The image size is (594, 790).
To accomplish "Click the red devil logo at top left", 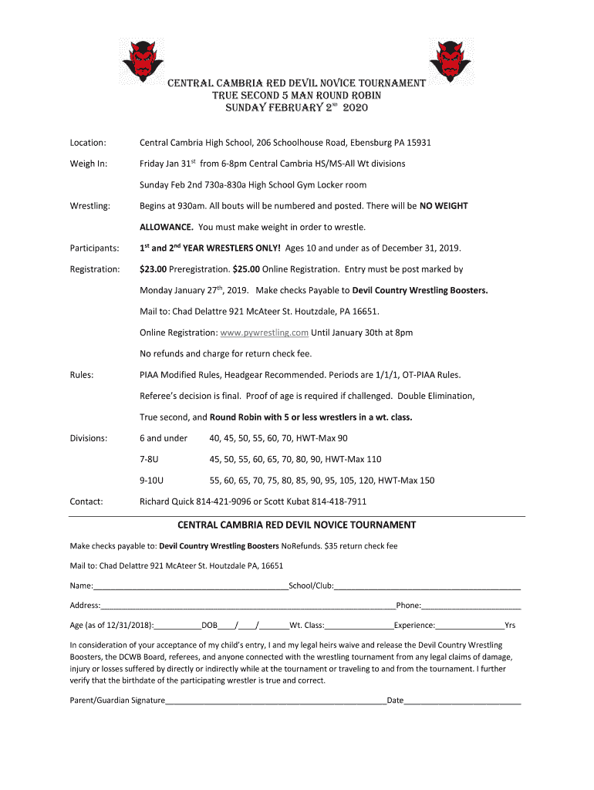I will point(143,61).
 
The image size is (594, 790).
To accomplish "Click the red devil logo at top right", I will point(451,61).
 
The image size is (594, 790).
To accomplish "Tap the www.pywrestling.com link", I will point(264,333).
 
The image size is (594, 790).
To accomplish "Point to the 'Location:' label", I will point(88,143).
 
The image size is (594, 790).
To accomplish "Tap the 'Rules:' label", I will point(82,375).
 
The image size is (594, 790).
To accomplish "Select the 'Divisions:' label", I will point(89,438).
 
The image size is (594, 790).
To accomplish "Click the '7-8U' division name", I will point(149,459).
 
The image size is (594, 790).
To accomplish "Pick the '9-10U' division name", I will point(151,480).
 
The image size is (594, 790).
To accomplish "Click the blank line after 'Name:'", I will point(191,587).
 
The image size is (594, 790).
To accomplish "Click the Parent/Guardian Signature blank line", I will point(275,702).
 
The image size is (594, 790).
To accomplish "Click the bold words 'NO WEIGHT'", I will point(444,206).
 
